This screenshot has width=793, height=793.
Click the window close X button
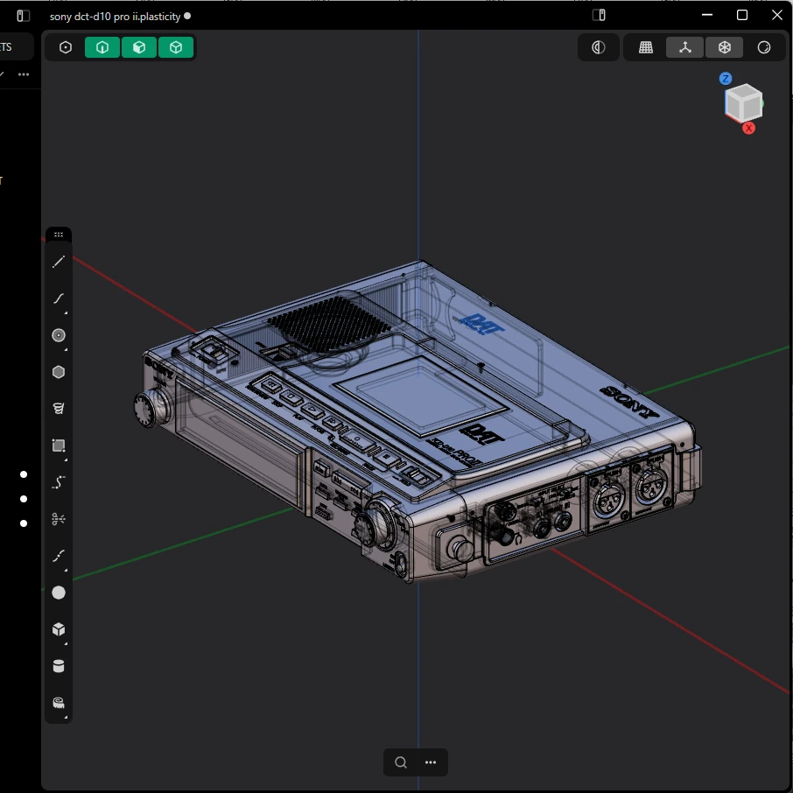point(776,15)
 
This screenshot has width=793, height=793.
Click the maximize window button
point(742,15)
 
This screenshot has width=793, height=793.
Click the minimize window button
point(707,15)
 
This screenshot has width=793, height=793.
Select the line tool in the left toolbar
point(59,263)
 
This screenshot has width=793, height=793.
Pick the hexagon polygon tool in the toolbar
point(59,372)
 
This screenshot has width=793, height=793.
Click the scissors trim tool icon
point(59,519)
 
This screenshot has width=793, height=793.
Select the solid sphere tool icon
point(59,593)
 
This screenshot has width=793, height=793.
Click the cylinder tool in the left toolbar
point(59,667)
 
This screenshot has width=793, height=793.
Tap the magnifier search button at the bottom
point(401,762)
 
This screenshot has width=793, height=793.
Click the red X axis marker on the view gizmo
point(749,128)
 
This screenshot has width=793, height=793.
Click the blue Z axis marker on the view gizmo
point(726,79)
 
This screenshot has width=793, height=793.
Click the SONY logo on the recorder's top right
point(628,402)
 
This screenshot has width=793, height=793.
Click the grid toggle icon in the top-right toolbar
point(646,48)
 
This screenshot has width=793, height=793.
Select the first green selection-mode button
point(102,48)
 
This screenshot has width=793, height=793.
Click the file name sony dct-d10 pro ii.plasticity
point(115,16)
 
